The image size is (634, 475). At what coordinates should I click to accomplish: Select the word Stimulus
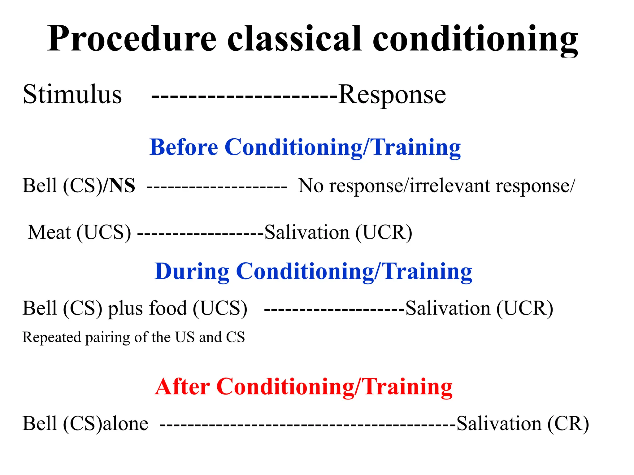pos(72,94)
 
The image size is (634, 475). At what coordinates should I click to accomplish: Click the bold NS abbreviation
pos(123,186)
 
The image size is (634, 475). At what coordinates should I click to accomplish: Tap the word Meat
pos(49,232)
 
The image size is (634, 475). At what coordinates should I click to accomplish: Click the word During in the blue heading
pos(192,271)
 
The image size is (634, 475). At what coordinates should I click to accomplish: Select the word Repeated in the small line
pos(51,337)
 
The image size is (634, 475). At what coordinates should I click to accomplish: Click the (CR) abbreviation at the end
pos(568,424)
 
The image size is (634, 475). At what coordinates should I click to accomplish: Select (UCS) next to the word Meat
pos(104,233)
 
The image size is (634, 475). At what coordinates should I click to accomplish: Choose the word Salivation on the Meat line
pos(307,232)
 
